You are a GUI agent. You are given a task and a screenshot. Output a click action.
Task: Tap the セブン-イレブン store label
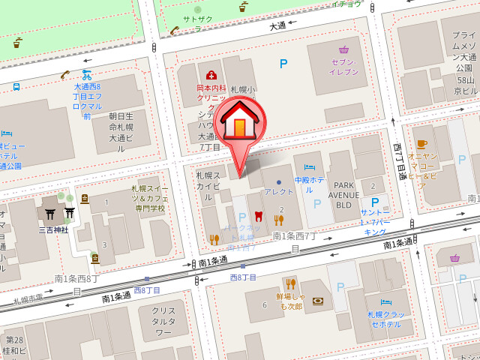point(343,67)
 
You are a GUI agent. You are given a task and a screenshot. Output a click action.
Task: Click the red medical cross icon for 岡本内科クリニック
point(211,75)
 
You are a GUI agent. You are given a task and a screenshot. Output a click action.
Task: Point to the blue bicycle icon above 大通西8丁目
point(87,75)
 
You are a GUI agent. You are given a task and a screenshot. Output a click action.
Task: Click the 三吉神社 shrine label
point(53,229)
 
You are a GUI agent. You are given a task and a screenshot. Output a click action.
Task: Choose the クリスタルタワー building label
point(163,321)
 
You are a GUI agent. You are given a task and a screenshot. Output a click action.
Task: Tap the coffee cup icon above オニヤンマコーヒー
point(421,143)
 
